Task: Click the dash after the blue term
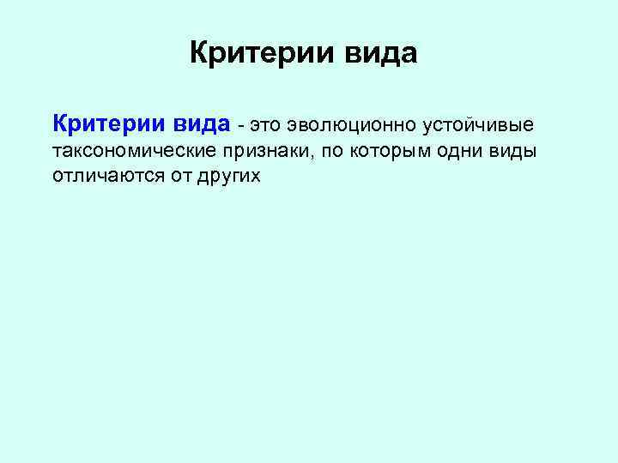pos(242,125)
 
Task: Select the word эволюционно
pos(354,125)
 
